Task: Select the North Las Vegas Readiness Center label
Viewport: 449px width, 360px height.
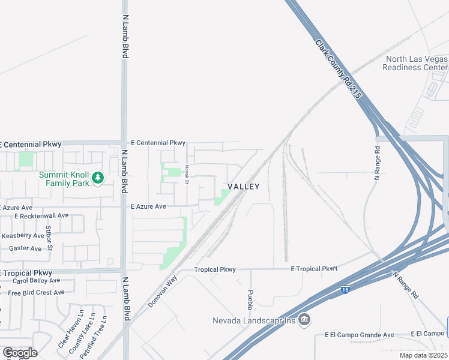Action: (415, 63)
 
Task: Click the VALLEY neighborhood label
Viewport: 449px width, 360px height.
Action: (243, 187)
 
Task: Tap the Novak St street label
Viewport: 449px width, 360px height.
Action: (187, 171)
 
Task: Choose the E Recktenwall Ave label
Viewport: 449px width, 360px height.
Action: (41, 215)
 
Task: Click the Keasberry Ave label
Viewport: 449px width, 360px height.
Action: (23, 236)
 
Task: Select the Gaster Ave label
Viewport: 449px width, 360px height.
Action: (25, 248)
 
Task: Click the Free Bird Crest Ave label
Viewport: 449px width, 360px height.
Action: (35, 293)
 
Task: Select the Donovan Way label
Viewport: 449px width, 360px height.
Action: (163, 292)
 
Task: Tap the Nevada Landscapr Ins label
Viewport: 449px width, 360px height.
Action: (255, 320)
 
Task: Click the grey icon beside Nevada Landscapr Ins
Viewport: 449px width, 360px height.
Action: (304, 320)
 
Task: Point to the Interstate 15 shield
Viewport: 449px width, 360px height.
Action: (345, 290)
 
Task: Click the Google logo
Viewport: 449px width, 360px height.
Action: (20, 353)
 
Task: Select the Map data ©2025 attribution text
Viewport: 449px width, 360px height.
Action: (423, 355)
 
